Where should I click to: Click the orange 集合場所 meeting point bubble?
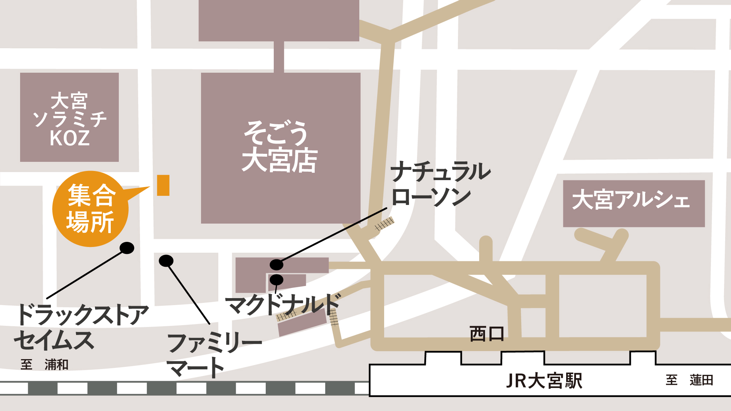click(90, 209)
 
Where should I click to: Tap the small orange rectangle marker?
click(163, 185)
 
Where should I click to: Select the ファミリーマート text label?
click(214, 354)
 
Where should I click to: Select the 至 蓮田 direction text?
click(689, 380)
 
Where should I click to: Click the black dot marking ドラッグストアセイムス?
click(127, 248)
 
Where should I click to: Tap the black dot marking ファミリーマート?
click(166, 260)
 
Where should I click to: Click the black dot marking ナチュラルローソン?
click(276, 264)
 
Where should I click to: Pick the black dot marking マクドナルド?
click(276, 280)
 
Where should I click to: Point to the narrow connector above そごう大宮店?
click(279, 57)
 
